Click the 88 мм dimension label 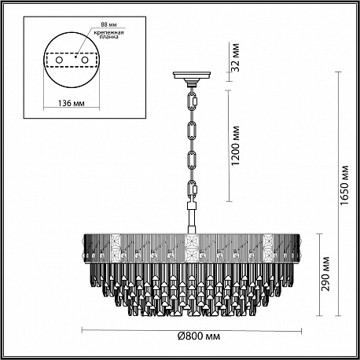pos(108,24)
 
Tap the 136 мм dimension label pos(71,103)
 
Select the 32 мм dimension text pos(236,57)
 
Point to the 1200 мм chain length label pos(236,145)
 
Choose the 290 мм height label pos(325,274)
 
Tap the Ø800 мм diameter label pos(199,336)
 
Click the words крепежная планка pos(109,35)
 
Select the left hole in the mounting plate pos(59,60)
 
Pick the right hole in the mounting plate pos(84,60)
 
